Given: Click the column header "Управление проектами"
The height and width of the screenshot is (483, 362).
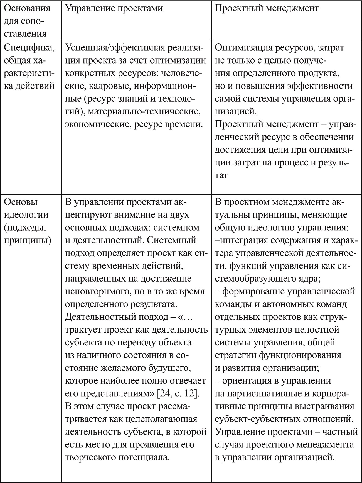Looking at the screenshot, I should click(x=114, y=8).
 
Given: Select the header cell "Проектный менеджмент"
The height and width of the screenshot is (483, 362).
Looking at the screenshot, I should click(x=267, y=8).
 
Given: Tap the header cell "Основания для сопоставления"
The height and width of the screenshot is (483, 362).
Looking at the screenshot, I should click(x=28, y=21).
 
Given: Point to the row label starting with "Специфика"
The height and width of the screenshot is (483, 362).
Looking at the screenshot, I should click(x=29, y=48).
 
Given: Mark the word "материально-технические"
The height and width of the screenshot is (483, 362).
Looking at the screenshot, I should click(x=144, y=112).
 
